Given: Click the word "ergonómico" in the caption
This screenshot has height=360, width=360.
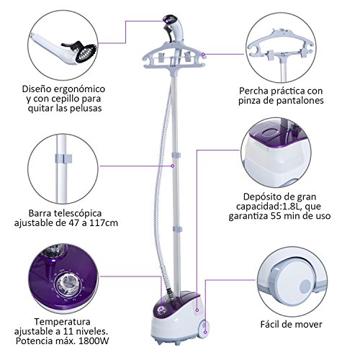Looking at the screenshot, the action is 78,89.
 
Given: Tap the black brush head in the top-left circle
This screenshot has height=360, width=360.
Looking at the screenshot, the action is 86,52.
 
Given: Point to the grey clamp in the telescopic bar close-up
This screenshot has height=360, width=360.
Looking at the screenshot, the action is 63,158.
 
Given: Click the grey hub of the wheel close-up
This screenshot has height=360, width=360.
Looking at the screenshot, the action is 306,287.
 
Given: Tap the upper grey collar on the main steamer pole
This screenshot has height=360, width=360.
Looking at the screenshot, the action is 176,155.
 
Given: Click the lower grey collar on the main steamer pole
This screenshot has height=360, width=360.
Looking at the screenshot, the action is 177,229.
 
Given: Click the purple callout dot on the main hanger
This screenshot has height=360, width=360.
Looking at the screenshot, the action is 203,55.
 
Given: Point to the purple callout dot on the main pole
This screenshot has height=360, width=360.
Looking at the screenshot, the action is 172,166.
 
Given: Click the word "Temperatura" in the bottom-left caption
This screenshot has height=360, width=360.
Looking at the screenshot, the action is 62,322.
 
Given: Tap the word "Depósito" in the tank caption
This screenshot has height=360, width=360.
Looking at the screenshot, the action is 261,197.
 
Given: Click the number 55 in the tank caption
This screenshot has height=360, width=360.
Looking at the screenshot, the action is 275,216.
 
